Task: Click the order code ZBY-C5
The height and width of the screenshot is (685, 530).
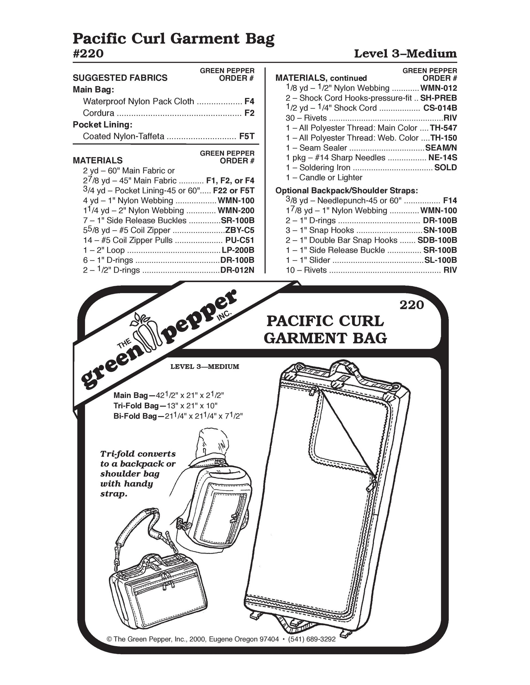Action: point(240,230)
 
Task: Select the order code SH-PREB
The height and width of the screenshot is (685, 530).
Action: point(438,98)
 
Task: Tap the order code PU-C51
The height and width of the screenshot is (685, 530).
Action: point(240,240)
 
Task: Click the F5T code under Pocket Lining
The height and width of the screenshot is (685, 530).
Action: point(246,136)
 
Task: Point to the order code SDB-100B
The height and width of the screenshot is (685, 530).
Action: point(437,240)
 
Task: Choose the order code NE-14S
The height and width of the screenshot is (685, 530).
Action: point(443,158)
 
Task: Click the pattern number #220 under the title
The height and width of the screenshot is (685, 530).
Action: point(88,54)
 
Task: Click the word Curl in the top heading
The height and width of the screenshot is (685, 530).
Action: point(149,39)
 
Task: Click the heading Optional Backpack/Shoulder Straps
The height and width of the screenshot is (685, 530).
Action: point(347,190)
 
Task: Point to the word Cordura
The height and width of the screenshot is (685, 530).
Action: point(99,113)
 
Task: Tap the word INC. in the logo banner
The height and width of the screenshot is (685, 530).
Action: point(224,316)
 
